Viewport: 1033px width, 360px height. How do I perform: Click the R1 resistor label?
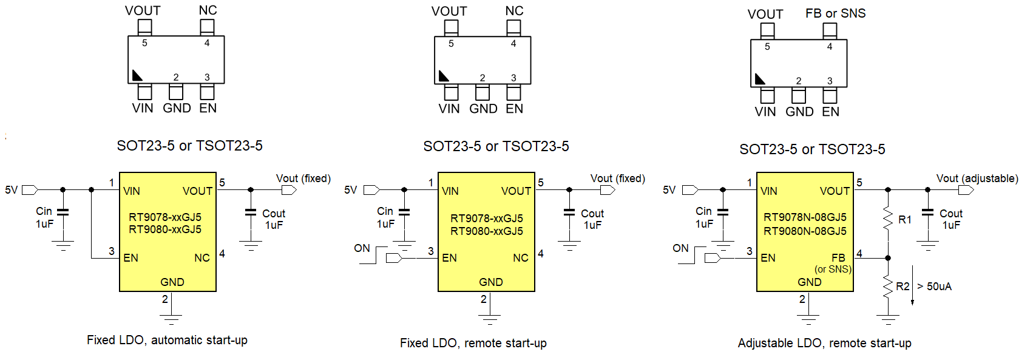pos(904,220)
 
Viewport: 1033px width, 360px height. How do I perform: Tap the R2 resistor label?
pos(903,287)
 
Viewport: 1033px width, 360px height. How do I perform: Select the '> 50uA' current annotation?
pos(934,287)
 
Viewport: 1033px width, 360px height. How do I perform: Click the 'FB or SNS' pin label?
pos(835,13)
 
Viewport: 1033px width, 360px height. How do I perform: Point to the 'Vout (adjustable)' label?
pos(977,178)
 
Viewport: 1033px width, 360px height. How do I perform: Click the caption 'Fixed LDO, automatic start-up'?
pos(167,340)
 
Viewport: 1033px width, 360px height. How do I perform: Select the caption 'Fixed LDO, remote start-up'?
pos(473,343)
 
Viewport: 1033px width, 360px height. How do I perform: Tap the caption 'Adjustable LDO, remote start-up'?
pos(824,343)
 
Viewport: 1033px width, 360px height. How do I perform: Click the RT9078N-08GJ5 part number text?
pos(805,217)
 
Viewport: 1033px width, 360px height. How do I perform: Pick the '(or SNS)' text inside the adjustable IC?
pos(833,269)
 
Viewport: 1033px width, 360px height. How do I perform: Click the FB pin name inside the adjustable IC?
pos(838,258)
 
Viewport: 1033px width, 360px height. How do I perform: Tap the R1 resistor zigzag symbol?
pos(888,219)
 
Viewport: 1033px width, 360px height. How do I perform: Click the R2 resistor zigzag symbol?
pos(888,286)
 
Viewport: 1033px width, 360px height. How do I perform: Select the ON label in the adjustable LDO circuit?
pos(680,248)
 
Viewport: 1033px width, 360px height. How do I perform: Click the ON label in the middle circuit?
pos(362,248)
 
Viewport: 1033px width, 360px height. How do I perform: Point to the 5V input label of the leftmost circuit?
pos(12,190)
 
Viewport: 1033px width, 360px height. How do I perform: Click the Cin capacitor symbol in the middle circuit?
pos(404,212)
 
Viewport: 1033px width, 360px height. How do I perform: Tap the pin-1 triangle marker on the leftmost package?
pos(137,76)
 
